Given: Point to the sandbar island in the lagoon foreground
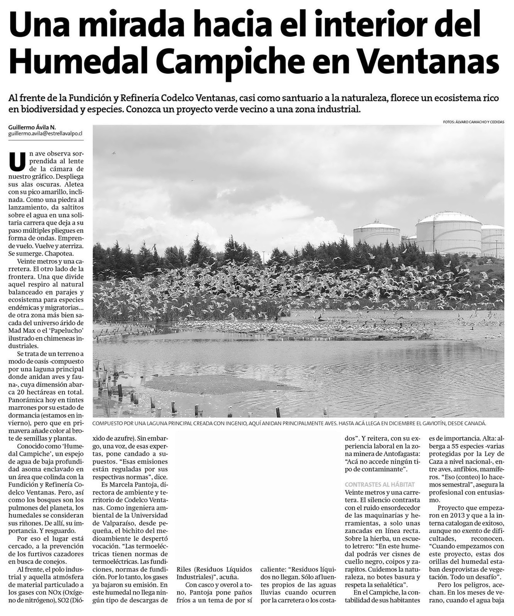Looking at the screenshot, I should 223,383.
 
